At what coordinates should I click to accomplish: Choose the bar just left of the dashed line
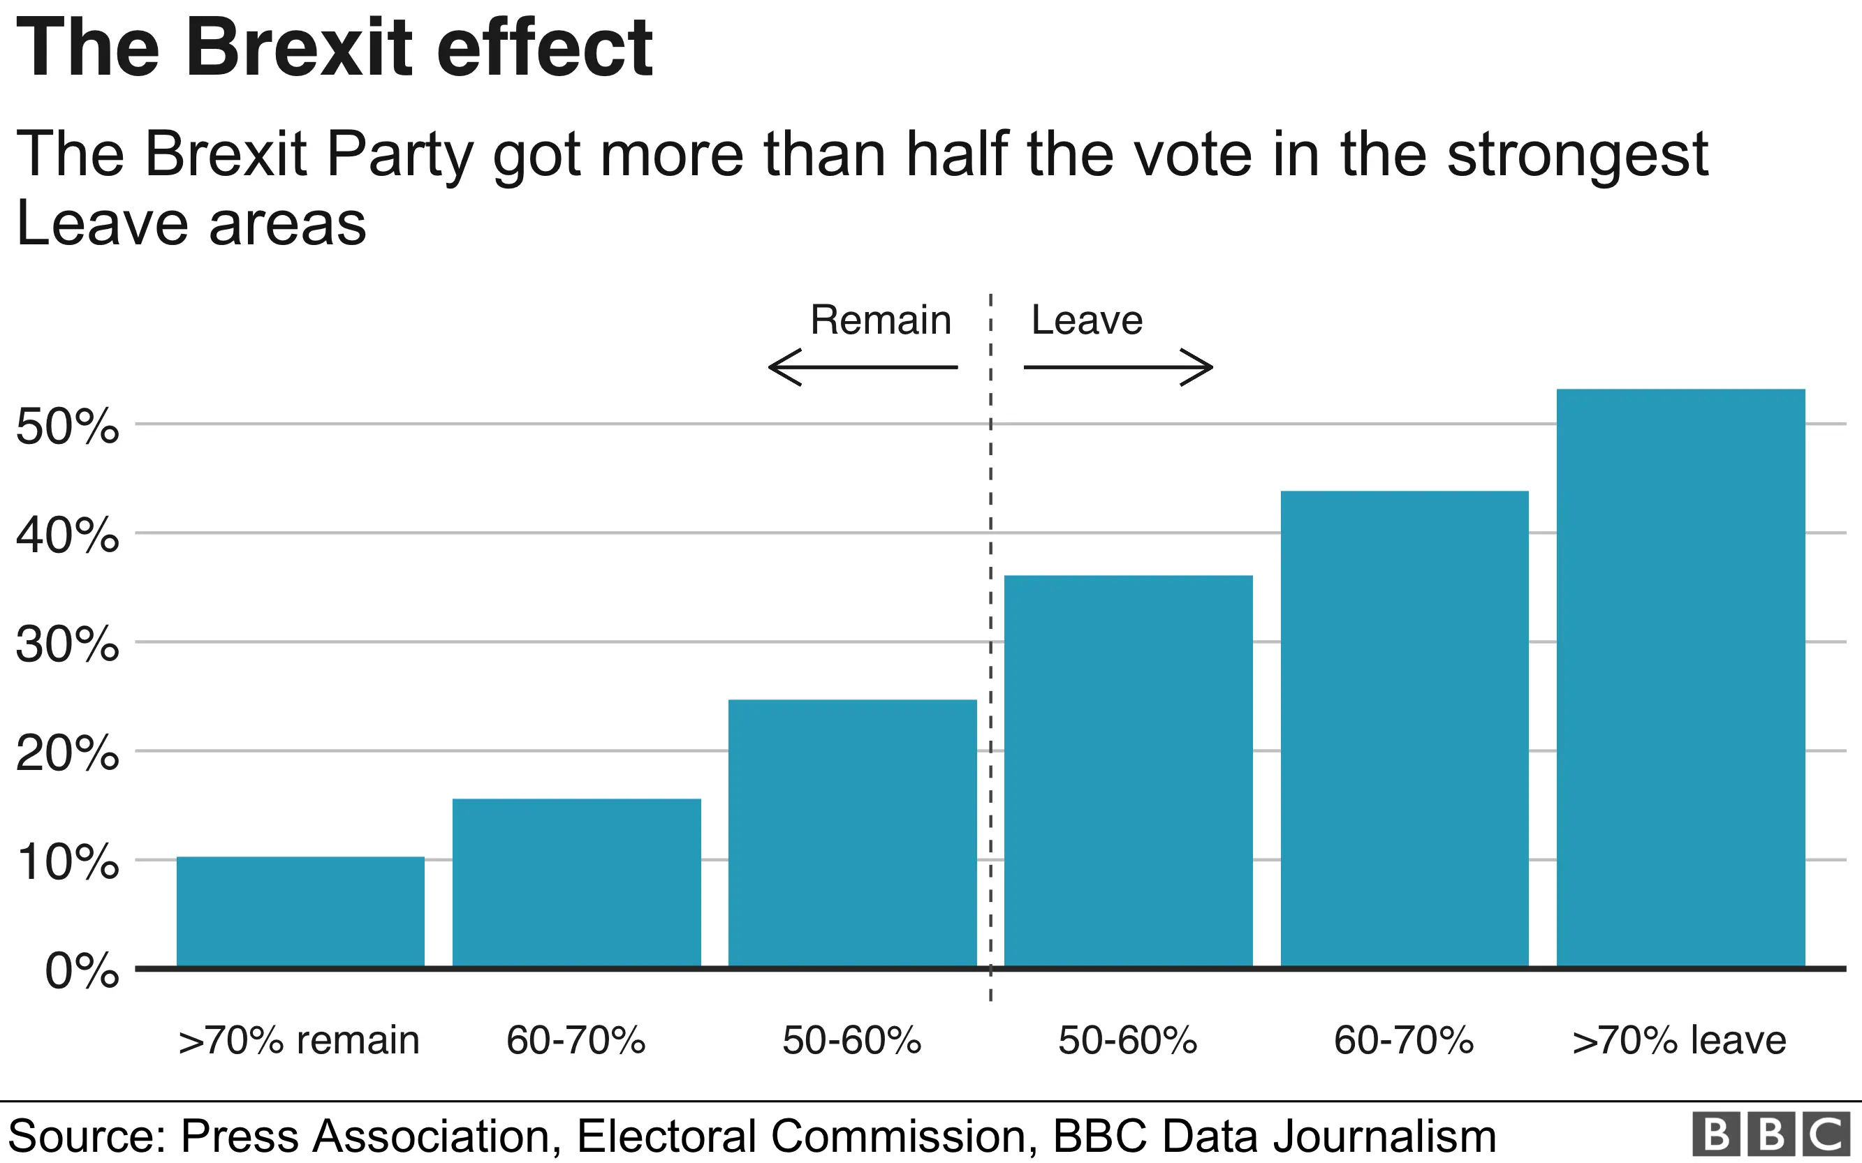coord(853,832)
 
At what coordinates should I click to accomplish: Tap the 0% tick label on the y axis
coord(82,971)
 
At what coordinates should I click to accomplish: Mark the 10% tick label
coord(68,861)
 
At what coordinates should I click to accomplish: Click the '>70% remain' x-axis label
coord(298,1040)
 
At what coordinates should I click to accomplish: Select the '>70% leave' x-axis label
coord(1679,1040)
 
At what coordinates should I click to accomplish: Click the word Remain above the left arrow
coord(880,320)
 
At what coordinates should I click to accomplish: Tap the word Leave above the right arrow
coord(1087,320)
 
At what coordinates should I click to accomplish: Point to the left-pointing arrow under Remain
coord(862,368)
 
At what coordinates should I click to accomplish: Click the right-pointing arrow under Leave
coord(1119,368)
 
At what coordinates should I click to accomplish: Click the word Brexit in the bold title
coord(300,47)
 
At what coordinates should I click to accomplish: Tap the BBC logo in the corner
coord(1771,1134)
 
